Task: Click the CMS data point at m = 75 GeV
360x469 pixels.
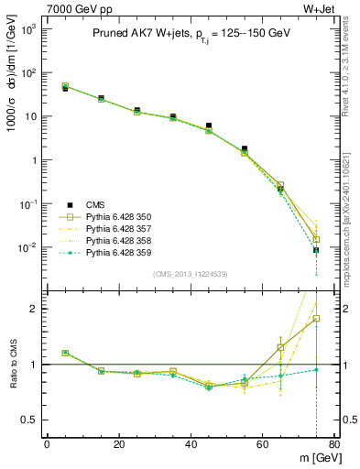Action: pyautogui.click(x=316, y=250)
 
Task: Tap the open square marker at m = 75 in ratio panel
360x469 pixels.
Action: pyautogui.click(x=316, y=319)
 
